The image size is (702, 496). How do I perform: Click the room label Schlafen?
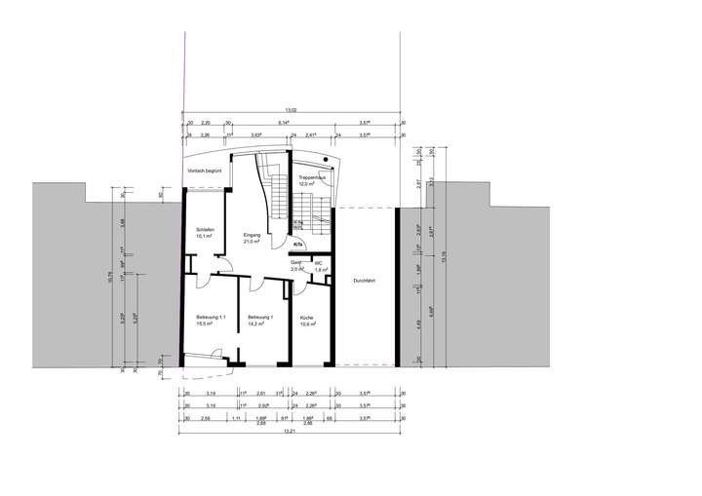(205, 229)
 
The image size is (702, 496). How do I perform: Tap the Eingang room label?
(252, 235)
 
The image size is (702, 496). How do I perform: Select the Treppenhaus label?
(312, 178)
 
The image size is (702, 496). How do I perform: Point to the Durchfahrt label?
(364, 281)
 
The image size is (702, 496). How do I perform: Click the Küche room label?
(306, 318)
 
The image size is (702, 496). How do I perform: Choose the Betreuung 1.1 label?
(211, 318)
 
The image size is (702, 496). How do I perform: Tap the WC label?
(319, 262)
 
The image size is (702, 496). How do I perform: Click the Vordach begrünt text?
(205, 171)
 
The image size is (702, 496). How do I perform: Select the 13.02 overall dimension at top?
(290, 110)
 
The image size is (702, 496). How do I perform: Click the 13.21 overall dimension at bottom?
(290, 432)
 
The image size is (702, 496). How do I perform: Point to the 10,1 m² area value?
(205, 236)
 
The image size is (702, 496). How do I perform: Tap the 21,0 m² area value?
(252, 242)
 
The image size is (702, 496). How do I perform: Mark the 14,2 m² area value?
(259, 324)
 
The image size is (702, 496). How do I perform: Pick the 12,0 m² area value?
(312, 184)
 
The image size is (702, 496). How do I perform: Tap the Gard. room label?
(296, 262)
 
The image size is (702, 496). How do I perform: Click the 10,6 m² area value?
(306, 324)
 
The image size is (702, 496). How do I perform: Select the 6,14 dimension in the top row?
(283, 124)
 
